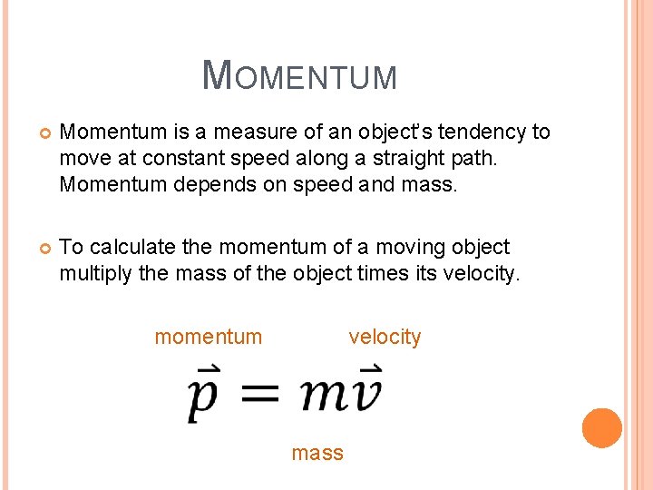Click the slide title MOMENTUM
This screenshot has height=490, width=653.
point(299,75)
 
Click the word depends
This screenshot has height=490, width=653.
point(193,185)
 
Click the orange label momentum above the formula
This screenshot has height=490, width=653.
point(208,338)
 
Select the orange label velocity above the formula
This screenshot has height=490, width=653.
point(385,338)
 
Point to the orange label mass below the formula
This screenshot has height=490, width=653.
point(317,453)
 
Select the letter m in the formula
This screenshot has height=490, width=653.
point(322,393)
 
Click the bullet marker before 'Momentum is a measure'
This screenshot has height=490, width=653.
point(38,133)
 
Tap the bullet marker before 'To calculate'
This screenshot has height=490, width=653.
point(38,248)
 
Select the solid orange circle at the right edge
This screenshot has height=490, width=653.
point(602,427)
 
